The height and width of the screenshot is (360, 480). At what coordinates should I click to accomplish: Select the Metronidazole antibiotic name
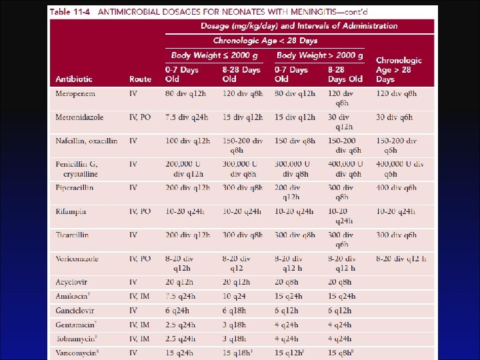pos(79,118)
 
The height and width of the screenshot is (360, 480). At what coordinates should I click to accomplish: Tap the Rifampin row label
pos(71,212)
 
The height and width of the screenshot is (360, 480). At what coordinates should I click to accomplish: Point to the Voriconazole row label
pos(78,259)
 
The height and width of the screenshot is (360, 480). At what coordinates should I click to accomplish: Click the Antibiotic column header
pos(74,79)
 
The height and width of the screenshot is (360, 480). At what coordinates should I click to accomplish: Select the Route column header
pos(140,79)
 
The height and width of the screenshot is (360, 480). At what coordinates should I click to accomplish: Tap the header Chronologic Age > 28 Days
pos(398,69)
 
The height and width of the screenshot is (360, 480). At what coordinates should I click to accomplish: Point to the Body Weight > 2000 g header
pos(320,55)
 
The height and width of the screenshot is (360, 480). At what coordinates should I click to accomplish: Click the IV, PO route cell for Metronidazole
pos(140,118)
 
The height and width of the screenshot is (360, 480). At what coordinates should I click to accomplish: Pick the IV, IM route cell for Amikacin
pos(140,297)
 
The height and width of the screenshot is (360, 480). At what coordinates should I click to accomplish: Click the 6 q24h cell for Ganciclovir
pos(177,311)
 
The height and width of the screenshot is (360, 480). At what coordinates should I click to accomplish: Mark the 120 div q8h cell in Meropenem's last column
pos(396,94)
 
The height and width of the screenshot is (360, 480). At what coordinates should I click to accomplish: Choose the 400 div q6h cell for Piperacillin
pos(396,189)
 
